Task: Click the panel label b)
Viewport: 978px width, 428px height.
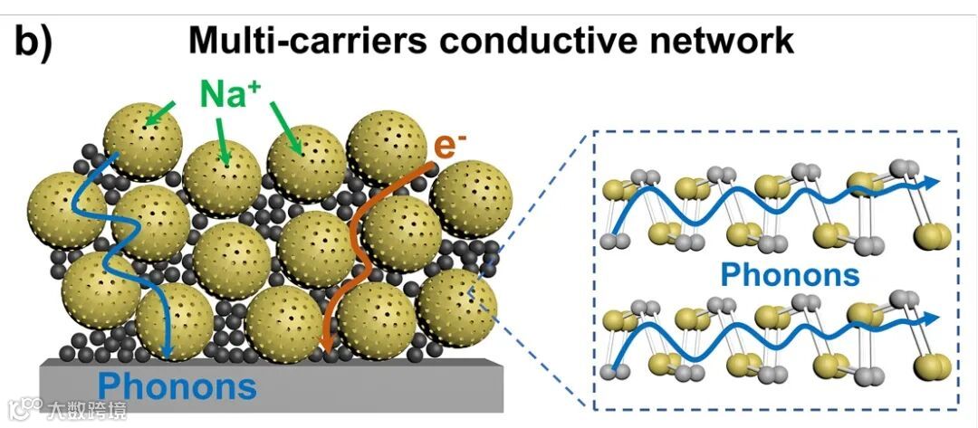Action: (33, 43)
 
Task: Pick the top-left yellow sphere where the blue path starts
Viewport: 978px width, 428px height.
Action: (136, 140)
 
